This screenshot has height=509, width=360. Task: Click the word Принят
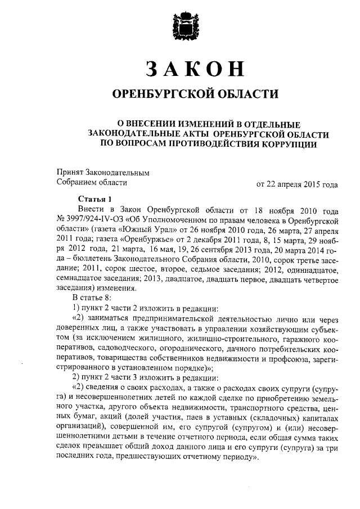[70, 172]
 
